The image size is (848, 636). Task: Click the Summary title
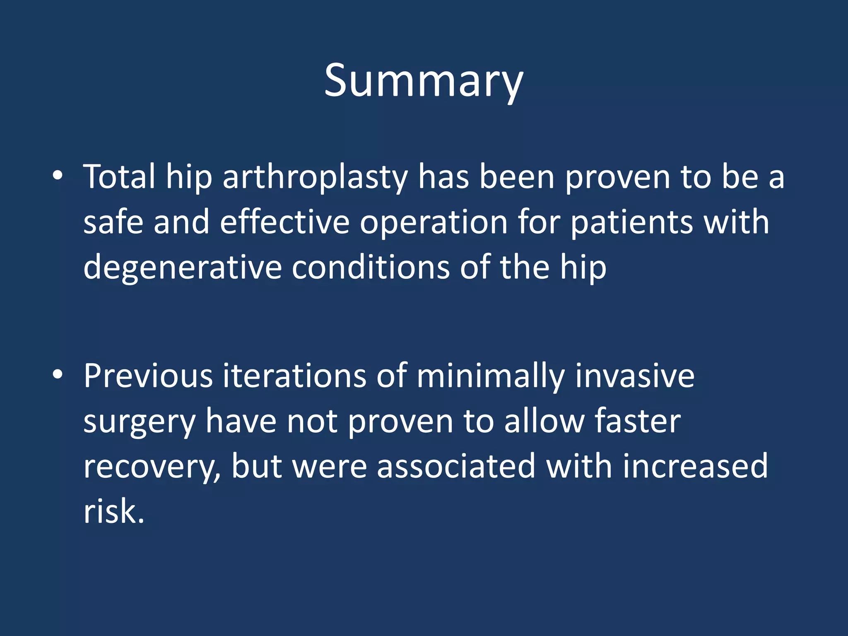[424, 81]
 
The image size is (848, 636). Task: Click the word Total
[119, 177]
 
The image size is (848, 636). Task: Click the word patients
[631, 223]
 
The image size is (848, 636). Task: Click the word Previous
[148, 376]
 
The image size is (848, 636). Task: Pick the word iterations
[294, 376]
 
